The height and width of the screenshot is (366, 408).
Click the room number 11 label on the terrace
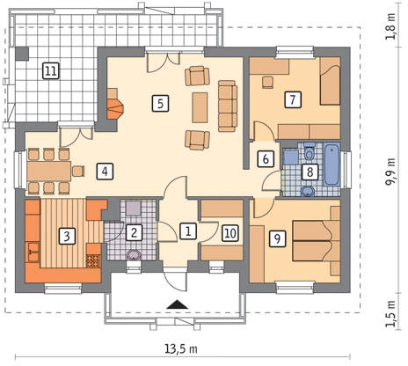[51, 70]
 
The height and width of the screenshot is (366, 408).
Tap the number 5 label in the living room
[160, 103]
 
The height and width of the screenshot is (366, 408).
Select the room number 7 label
[293, 99]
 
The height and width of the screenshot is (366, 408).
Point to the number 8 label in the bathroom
[310, 172]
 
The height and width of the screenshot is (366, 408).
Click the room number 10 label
[230, 233]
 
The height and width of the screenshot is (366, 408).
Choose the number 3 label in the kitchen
[67, 236]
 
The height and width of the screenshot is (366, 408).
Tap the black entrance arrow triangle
[177, 304]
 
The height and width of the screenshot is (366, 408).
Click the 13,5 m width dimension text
[180, 349]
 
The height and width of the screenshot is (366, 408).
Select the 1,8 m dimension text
[390, 26]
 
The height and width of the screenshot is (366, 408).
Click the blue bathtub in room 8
[332, 164]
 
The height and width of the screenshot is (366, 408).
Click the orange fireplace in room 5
[115, 108]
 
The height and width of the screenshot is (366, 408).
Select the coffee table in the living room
[200, 107]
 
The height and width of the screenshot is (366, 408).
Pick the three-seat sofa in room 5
[228, 106]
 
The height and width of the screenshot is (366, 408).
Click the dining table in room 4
[49, 171]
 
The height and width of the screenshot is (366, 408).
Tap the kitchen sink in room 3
[33, 252]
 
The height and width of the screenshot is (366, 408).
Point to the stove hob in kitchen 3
[93, 261]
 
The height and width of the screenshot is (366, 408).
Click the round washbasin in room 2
[135, 255]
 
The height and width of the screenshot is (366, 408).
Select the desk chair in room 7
[267, 82]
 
